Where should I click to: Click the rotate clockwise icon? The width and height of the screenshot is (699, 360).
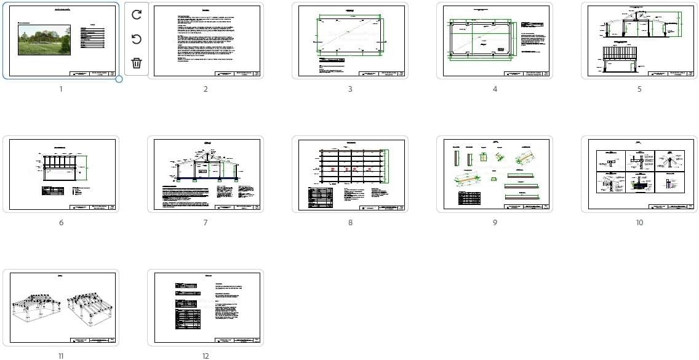click(x=137, y=15)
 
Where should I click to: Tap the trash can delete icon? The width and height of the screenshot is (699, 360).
click(x=137, y=63)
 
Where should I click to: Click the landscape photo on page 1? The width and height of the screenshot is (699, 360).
click(x=44, y=41)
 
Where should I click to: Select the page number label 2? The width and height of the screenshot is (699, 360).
click(x=206, y=89)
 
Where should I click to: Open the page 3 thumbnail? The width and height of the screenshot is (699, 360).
click(x=350, y=41)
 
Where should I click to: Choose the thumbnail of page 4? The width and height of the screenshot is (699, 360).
click(x=495, y=41)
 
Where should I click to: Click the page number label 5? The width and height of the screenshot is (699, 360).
click(x=639, y=89)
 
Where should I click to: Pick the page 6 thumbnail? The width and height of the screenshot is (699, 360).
click(x=61, y=174)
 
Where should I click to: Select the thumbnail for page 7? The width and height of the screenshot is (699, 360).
click(x=206, y=174)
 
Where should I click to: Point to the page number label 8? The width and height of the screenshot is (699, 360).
click(x=350, y=223)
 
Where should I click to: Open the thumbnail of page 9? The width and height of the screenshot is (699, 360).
click(x=495, y=174)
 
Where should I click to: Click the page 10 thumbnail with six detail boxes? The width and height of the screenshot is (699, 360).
click(x=639, y=174)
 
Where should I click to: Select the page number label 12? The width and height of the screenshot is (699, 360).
click(x=206, y=356)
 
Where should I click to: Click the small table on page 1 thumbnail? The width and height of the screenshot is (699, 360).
click(x=93, y=37)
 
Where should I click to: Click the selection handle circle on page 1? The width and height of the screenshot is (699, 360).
click(x=119, y=79)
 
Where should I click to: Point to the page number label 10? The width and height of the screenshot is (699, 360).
click(x=639, y=223)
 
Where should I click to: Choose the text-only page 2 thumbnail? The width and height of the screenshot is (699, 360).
click(x=206, y=41)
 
